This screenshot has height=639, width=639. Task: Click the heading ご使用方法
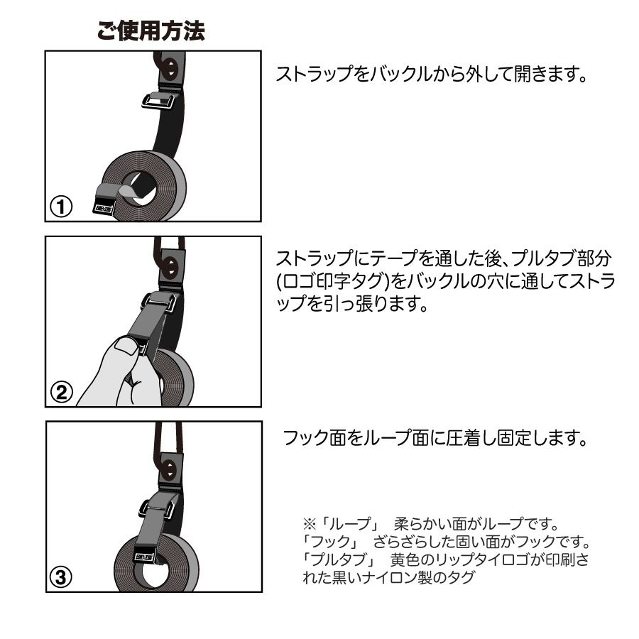(x=151, y=31)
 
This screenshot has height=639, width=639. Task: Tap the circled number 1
(x=61, y=206)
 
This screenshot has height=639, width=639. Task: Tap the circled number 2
(x=62, y=392)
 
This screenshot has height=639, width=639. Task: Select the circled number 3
(x=61, y=577)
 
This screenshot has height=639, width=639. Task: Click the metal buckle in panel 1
(x=159, y=101)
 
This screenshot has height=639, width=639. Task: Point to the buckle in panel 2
(x=160, y=302)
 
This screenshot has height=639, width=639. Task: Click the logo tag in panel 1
(x=104, y=208)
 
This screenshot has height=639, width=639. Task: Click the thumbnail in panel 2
(x=125, y=346)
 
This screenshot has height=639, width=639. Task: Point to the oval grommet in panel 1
(x=170, y=69)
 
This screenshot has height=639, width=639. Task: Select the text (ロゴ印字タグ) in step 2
(x=332, y=281)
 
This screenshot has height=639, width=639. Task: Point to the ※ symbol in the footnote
(x=310, y=524)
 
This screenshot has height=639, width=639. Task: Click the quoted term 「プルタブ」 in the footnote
(x=338, y=559)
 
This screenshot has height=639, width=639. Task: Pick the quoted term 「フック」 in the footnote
(x=329, y=542)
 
